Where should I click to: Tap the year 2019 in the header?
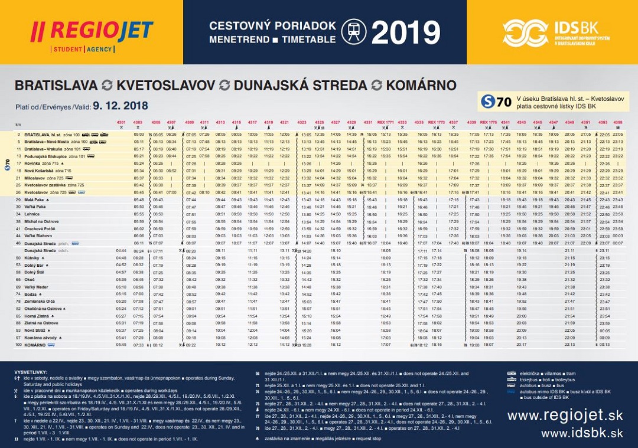click(x=405, y=33)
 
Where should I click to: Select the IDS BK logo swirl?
click(x=525, y=33)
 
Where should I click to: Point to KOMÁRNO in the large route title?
click(x=414, y=85)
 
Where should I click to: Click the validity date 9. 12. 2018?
click(x=121, y=106)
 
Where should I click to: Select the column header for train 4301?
click(x=122, y=122)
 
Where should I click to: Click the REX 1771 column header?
click(x=385, y=122)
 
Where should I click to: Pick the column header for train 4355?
click(x=618, y=122)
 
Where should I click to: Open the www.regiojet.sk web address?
click(x=565, y=416)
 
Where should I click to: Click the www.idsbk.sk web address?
click(x=582, y=434)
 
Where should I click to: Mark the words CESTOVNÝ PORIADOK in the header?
click(x=272, y=26)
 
